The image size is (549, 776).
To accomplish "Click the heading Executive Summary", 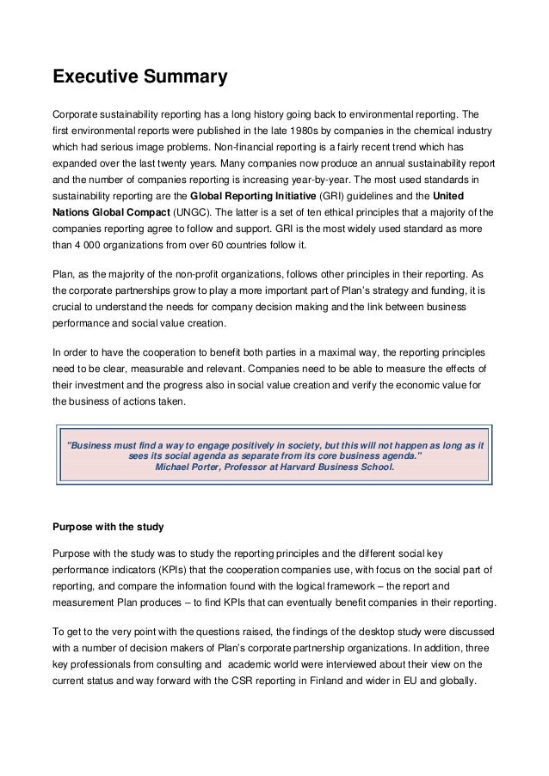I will coord(140,78).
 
